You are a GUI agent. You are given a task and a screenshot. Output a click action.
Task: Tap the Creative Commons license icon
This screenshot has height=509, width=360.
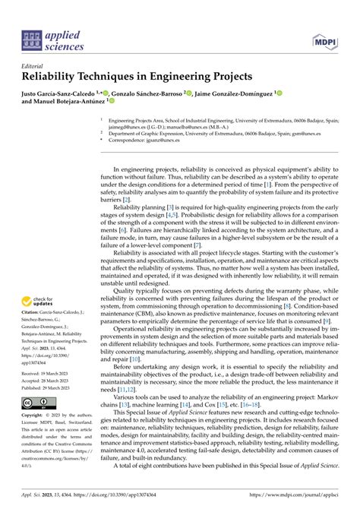tap(33, 402)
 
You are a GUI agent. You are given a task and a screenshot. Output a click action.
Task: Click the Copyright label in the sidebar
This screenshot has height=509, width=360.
tap(31, 416)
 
